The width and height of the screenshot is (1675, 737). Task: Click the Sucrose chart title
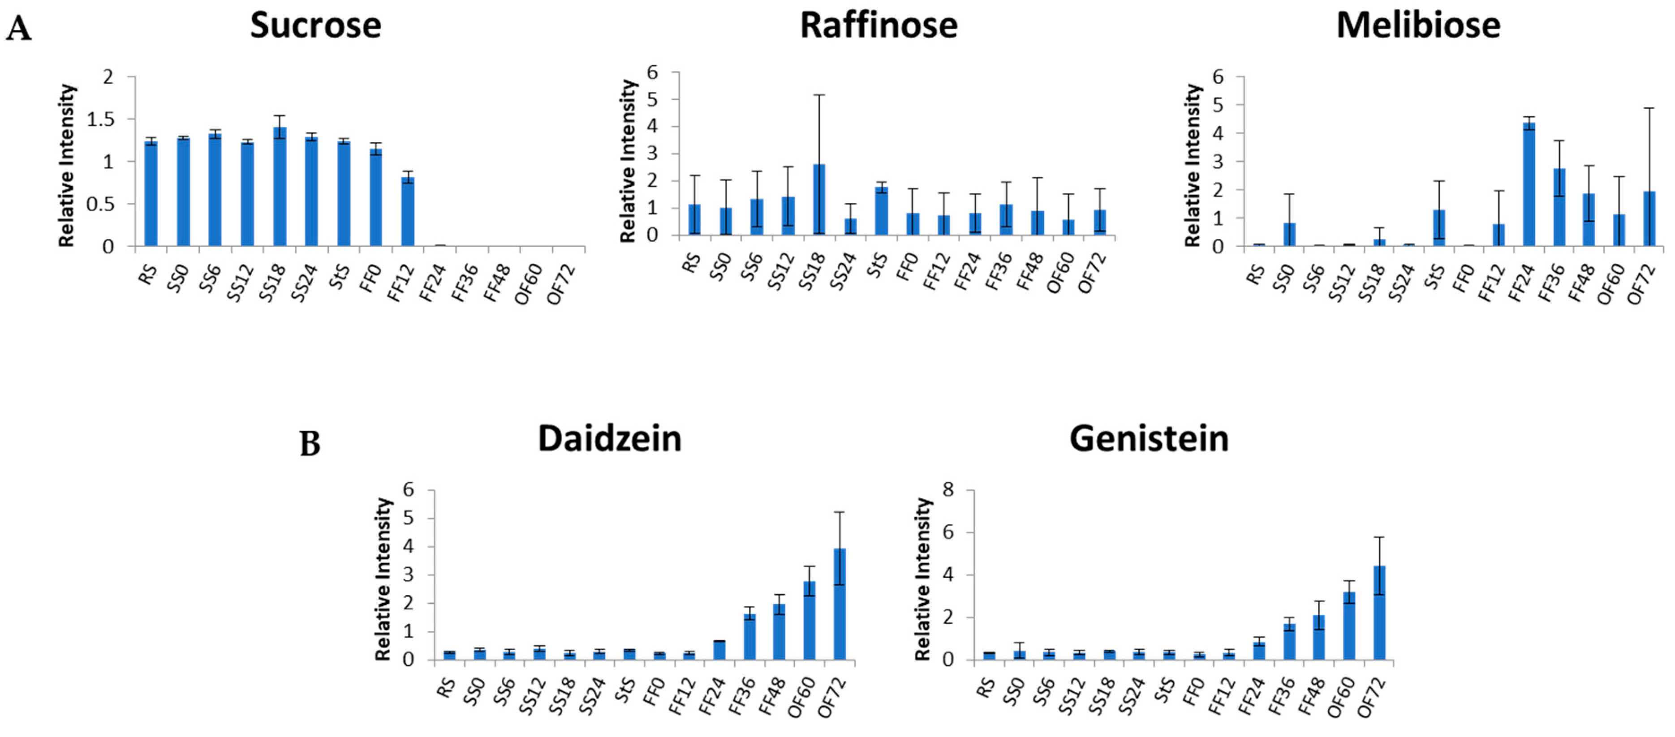pyautogui.click(x=315, y=26)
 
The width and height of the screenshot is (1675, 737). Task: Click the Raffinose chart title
pyautogui.click(x=878, y=26)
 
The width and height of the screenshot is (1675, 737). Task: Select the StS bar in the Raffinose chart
pyautogui.click(x=882, y=211)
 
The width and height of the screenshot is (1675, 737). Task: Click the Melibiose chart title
pyautogui.click(x=1418, y=26)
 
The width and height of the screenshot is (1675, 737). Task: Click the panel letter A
pyautogui.click(x=18, y=29)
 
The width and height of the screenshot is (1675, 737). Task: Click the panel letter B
pyautogui.click(x=310, y=445)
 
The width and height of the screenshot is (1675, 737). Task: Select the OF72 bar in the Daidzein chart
pyautogui.click(x=840, y=604)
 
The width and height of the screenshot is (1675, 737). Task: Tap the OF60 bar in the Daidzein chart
pyautogui.click(x=810, y=621)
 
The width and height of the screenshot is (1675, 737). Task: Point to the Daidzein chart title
pyautogui.click(x=609, y=439)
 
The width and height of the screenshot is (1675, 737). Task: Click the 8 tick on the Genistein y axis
pyautogui.click(x=948, y=489)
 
